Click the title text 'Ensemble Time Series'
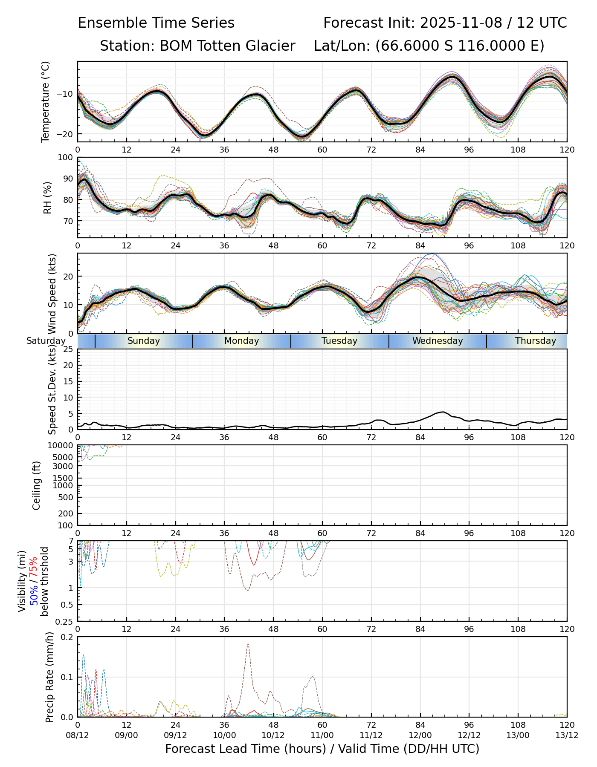pos(156,23)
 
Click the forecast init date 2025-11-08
pos(461,23)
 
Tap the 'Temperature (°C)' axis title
pos(46,101)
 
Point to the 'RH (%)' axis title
pos(47,198)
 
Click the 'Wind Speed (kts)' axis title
pos(52,294)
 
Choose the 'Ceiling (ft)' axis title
pos(37,485)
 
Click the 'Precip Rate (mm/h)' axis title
pos(50,677)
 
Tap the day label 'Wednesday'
pos(438,341)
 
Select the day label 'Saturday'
pos(46,341)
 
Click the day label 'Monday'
pos(242,341)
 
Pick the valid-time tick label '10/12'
pos(273,735)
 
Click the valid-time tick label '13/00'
pos(518,735)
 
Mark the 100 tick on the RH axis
pos(66,158)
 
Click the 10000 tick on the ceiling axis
pos(62,445)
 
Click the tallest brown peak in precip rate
pos(248,644)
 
